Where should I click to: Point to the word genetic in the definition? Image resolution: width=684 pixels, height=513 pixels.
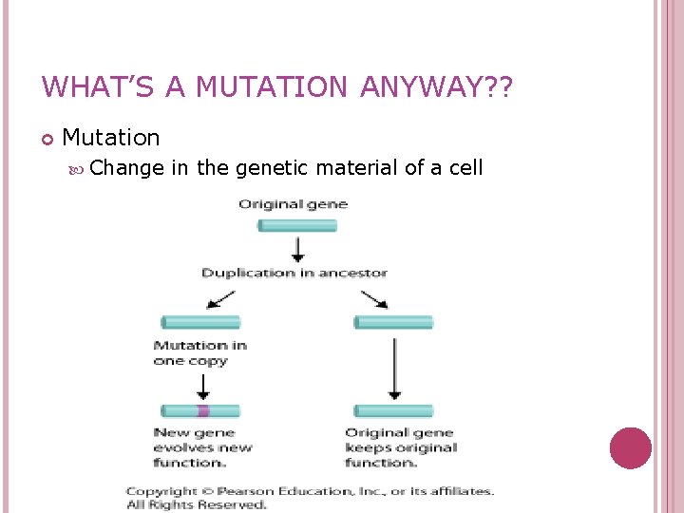coord(272,168)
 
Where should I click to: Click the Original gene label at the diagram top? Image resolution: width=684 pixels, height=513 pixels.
coord(294,204)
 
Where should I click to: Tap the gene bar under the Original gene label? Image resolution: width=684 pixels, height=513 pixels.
coord(297,226)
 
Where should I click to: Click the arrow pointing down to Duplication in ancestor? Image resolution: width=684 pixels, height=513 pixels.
coord(297,249)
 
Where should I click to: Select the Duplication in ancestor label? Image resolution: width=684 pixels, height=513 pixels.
coord(294,273)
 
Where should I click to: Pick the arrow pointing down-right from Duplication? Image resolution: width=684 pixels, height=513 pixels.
coord(373,298)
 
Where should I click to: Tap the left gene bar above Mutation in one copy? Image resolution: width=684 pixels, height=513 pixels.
coord(200,323)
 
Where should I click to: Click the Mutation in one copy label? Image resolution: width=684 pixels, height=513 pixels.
coord(199,352)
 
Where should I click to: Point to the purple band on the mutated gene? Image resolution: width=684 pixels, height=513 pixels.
coord(202,411)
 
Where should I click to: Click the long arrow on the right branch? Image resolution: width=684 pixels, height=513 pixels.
coord(394,367)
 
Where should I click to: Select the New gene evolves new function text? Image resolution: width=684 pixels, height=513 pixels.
coord(202,447)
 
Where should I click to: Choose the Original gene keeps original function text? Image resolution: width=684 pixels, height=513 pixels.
coord(400,447)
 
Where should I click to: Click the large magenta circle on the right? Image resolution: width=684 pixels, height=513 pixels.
coord(630,447)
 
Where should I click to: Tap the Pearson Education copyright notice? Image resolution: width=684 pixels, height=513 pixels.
coord(310,498)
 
